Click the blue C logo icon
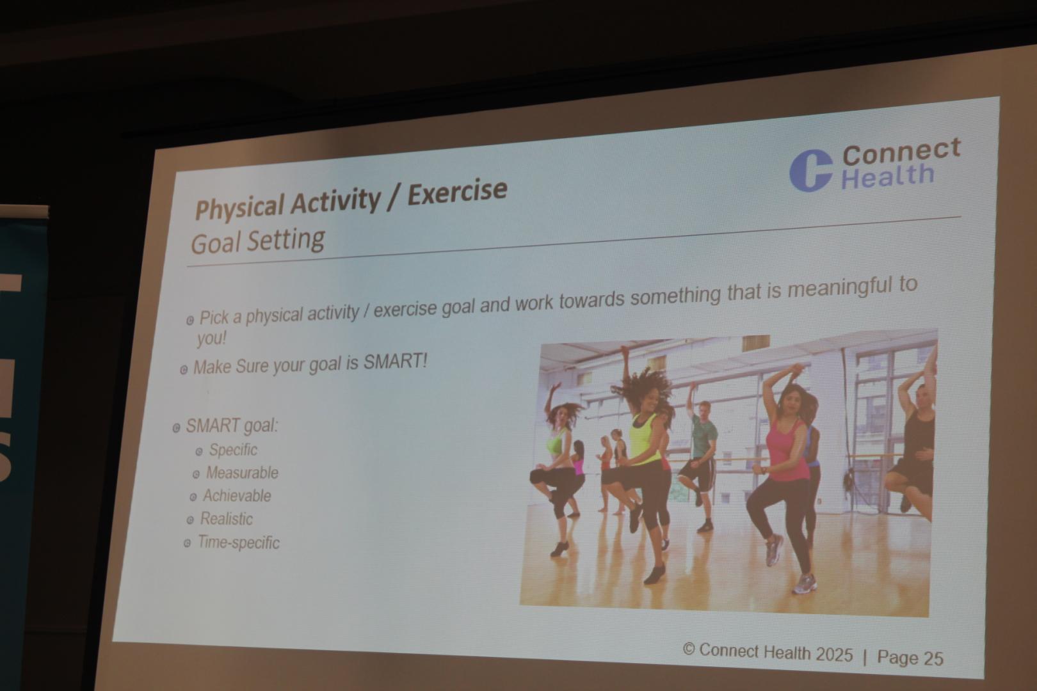click(810, 170)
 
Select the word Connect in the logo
click(901, 152)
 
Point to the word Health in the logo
click(887, 175)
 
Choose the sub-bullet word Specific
click(233, 449)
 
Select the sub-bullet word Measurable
click(242, 473)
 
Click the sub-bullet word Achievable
click(237, 496)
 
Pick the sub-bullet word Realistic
click(227, 519)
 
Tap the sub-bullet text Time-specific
click(239, 543)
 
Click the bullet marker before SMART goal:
click(177, 428)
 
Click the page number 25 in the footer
click(933, 658)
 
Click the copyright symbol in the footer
click(688, 649)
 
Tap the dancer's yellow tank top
click(645, 438)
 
